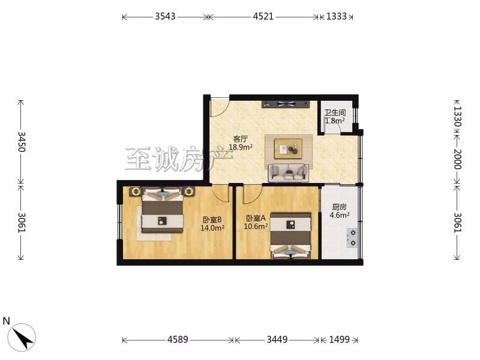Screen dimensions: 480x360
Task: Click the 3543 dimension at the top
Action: [x=165, y=16]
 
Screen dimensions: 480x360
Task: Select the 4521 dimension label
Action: [x=263, y=16]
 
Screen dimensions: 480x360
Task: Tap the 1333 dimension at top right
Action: [x=337, y=16]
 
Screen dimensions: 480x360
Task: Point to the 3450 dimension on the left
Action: [x=22, y=142]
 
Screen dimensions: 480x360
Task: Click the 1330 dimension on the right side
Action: [x=457, y=116]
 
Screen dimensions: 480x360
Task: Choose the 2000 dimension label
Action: [x=457, y=159]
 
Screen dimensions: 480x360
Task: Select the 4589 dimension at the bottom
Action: [x=178, y=340]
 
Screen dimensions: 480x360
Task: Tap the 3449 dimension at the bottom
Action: [x=277, y=340]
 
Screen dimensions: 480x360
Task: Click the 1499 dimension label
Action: [x=339, y=340]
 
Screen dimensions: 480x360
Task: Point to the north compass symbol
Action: [x=22, y=337]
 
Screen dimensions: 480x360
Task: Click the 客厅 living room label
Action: [x=241, y=139]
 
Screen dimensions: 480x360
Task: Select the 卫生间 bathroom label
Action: [x=335, y=113]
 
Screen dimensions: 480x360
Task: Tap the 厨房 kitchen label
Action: [x=339, y=207]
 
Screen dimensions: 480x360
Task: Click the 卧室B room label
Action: [x=212, y=220]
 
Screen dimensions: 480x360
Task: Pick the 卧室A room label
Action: [x=256, y=218]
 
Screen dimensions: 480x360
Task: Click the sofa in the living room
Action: [x=289, y=173]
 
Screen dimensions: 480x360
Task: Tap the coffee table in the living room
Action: [x=289, y=149]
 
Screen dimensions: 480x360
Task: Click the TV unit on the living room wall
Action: [x=286, y=104]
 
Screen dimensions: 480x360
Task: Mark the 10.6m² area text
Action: [x=256, y=227]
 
